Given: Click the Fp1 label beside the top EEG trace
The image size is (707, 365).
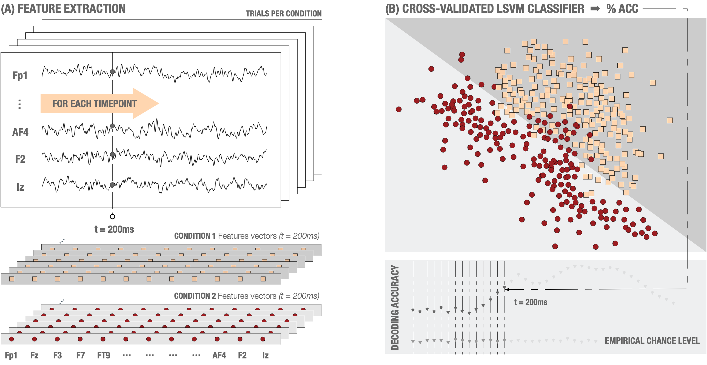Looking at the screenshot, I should click(x=20, y=75).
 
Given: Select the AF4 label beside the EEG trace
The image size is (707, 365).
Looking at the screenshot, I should click(x=20, y=132).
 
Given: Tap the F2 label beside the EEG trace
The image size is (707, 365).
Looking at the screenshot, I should click(x=20, y=159).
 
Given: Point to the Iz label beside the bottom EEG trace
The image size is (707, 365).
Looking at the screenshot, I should click(x=20, y=187).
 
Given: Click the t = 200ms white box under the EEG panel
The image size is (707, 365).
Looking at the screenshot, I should click(x=115, y=229).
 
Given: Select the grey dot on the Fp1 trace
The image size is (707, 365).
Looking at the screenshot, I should click(x=112, y=72).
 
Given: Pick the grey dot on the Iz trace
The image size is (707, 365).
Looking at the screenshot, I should click(x=112, y=185).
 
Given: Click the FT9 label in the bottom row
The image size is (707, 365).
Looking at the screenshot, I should click(x=104, y=355).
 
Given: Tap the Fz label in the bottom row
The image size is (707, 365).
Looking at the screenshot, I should click(x=34, y=355).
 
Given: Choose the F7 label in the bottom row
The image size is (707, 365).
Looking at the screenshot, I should click(x=80, y=355).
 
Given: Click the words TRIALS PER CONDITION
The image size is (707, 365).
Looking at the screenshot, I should click(x=284, y=14).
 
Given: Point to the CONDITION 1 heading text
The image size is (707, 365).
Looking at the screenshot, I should click(x=195, y=236).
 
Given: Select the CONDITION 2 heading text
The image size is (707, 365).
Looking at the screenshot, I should click(x=195, y=296).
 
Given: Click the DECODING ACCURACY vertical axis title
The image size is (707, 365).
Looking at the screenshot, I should click(x=395, y=307).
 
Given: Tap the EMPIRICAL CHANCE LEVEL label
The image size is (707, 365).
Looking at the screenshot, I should click(x=652, y=341).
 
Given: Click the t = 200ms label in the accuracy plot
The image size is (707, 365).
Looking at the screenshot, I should click(x=531, y=302).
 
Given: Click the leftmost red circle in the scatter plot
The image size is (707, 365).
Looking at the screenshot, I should click(x=399, y=109).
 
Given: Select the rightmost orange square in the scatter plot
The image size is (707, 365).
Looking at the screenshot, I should click(x=670, y=121).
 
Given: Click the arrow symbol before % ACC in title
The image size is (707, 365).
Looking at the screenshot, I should click(x=595, y=9).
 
